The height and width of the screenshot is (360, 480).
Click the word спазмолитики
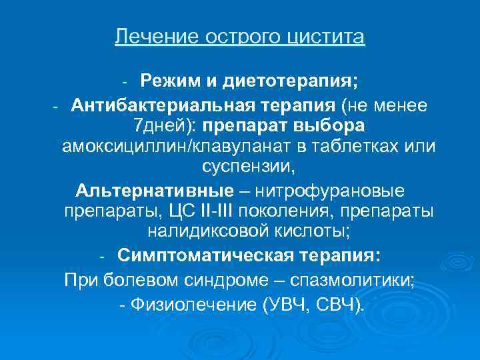[357, 280]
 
